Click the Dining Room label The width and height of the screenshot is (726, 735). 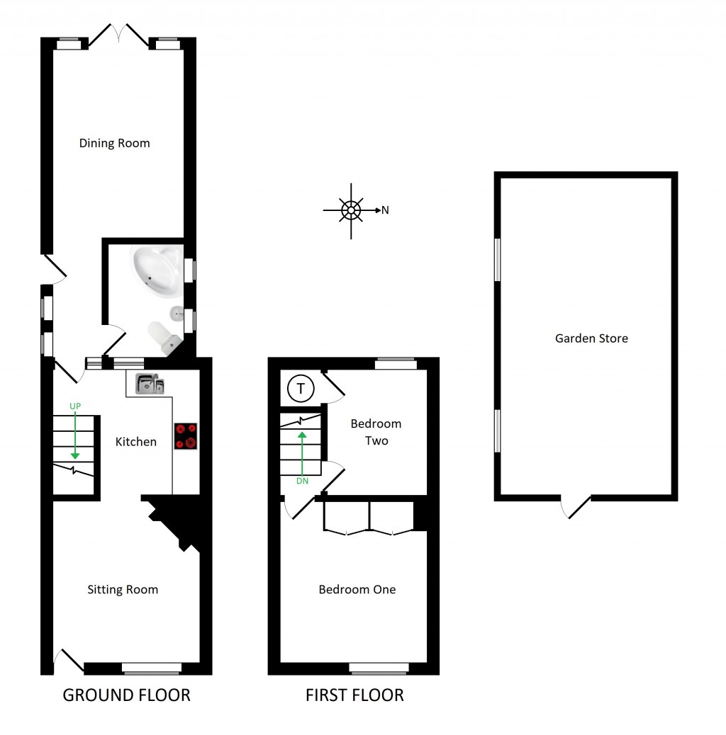(x=114, y=143)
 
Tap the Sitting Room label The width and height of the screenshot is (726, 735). (x=123, y=589)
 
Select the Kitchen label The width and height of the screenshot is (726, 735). (x=136, y=442)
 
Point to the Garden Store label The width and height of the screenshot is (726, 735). (x=591, y=338)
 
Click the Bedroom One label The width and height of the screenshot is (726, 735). (x=357, y=589)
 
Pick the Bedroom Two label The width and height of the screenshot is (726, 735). (x=376, y=432)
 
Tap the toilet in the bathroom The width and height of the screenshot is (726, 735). (x=162, y=336)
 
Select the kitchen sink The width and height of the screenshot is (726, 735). (x=150, y=384)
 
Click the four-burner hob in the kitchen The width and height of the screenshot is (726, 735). (x=186, y=436)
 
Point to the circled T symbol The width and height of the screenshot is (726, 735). (x=301, y=389)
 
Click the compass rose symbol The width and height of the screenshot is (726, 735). (x=350, y=210)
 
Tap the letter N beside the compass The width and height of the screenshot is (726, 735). (x=385, y=210)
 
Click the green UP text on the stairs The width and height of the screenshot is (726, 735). (x=74, y=406)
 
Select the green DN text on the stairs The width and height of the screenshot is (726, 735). (x=303, y=482)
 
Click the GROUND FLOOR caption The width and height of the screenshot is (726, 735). (x=127, y=695)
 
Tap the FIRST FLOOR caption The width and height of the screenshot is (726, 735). (x=354, y=695)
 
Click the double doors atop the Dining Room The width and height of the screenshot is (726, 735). (x=118, y=35)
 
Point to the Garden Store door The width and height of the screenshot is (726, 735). (x=576, y=507)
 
